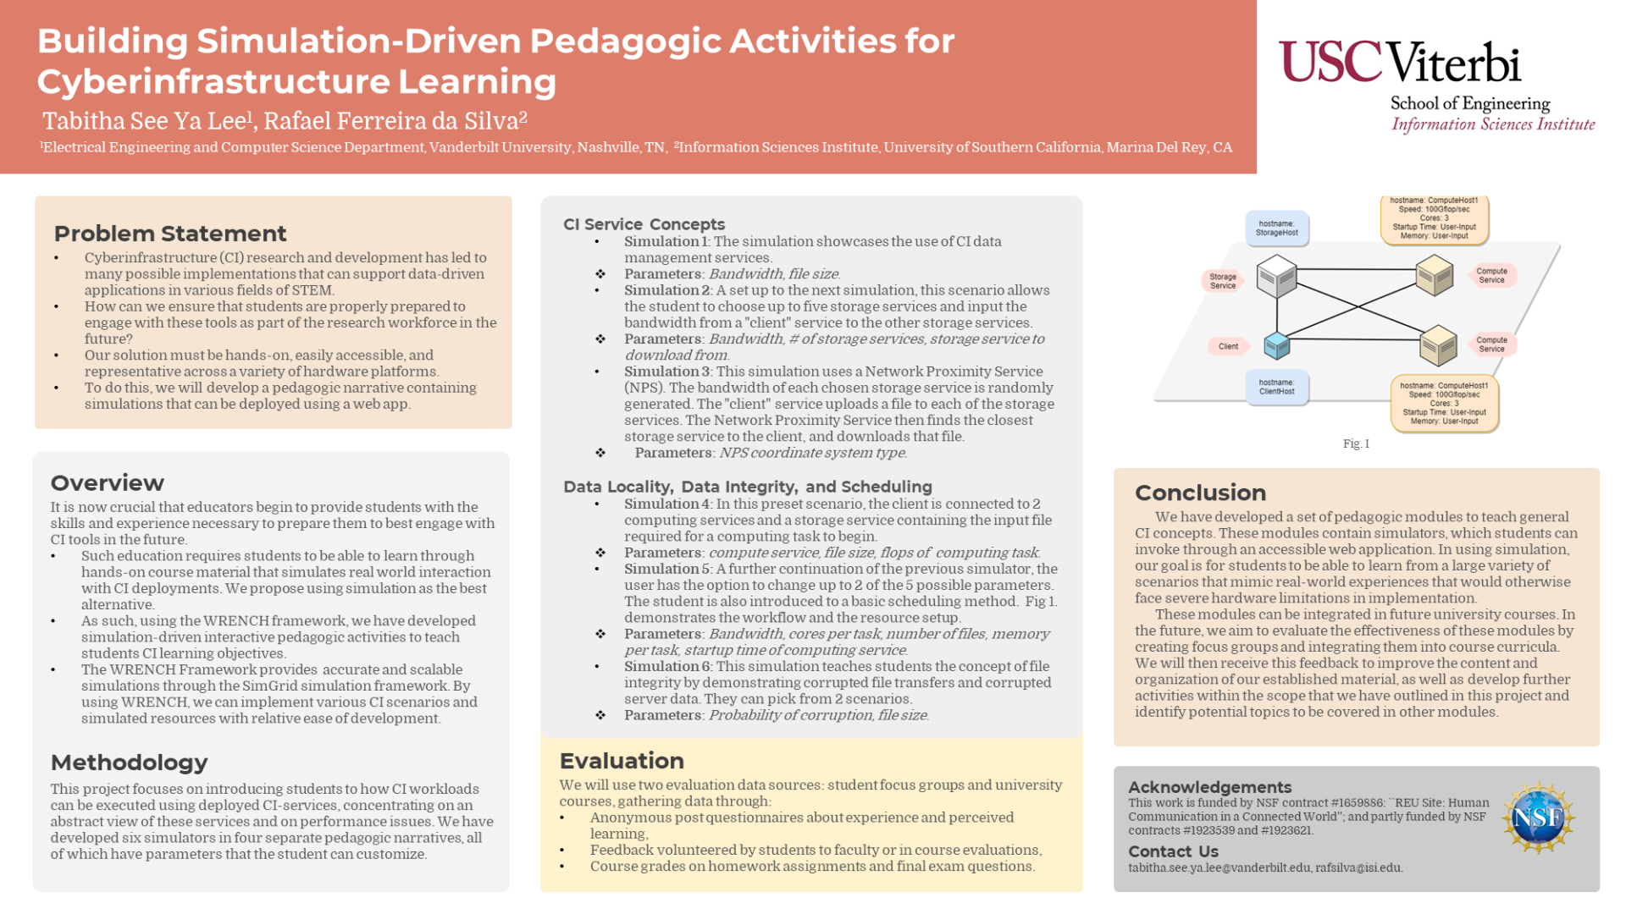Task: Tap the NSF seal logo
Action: point(1537,818)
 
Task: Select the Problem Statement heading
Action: point(169,234)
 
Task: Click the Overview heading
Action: point(107,483)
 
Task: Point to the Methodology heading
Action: point(129,763)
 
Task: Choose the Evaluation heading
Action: point(622,761)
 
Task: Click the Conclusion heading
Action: point(1200,493)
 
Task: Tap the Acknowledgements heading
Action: point(1209,787)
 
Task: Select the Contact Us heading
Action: point(1173,851)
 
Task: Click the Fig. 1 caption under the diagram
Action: point(1355,443)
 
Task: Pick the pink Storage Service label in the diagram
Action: point(1222,281)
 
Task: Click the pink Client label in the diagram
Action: point(1228,346)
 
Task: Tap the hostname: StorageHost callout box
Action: point(1276,228)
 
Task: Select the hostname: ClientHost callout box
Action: point(1276,388)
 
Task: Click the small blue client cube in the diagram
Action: point(1276,344)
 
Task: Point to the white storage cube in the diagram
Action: point(1276,276)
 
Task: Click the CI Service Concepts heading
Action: point(644,224)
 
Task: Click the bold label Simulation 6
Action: point(666,666)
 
